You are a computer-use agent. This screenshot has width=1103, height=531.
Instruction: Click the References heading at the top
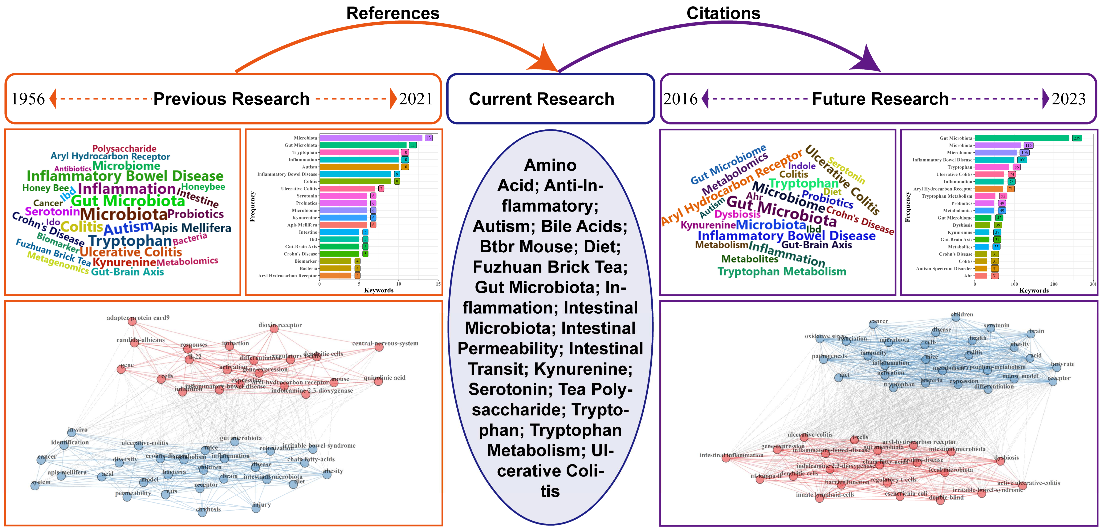[x=393, y=13]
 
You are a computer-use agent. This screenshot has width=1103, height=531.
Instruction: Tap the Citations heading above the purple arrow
[x=723, y=13]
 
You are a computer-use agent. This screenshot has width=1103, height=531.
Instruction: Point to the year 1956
[x=28, y=99]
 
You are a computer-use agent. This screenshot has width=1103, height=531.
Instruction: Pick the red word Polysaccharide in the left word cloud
[x=124, y=148]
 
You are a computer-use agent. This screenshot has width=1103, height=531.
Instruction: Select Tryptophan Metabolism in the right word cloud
[x=782, y=271]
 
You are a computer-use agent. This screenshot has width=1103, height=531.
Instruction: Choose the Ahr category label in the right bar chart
[x=968, y=276]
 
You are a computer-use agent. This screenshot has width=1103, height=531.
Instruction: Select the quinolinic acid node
[x=378, y=381]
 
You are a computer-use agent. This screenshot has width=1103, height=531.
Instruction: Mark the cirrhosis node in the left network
[x=202, y=512]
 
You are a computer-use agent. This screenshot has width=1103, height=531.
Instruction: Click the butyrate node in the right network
[x=1056, y=367]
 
